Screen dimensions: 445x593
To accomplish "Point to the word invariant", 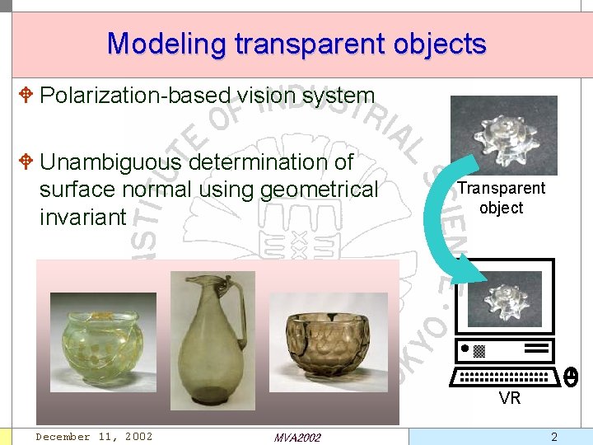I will pos(82,218).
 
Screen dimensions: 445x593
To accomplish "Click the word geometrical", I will pos(319,190).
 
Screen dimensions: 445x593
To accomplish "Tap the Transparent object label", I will pos(502,198).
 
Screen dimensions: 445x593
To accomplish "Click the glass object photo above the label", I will pos(503,134).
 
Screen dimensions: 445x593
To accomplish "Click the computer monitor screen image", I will pos(504,298).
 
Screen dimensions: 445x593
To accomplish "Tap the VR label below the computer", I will pos(509,399).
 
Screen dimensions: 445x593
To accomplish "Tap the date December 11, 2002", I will pos(94,436).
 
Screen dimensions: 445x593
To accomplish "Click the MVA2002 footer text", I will pos(297,437).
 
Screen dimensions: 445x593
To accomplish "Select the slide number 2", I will pos(554,437).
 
